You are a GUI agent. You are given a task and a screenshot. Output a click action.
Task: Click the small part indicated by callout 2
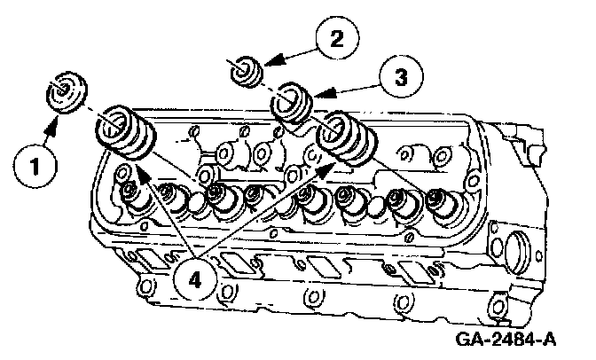(247, 68)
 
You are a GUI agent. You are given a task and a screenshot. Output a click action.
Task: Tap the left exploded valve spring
(126, 133)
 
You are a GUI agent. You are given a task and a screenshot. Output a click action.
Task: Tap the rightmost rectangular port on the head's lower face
(416, 271)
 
